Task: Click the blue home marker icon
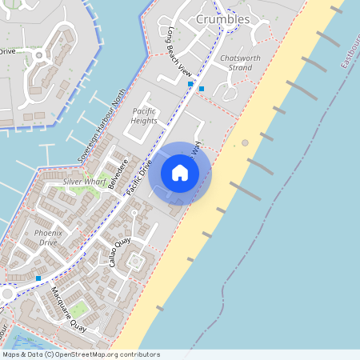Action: point(180,173)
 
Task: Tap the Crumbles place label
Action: point(222,19)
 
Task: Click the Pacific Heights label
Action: point(144,115)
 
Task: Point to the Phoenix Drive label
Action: point(46,237)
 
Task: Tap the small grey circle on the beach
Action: point(245,142)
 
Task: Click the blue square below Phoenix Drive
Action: point(38,278)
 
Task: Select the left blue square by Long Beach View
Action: point(190,83)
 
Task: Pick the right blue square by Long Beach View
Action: point(202,88)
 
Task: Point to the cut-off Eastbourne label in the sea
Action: point(350,51)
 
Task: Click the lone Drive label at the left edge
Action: point(7,51)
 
